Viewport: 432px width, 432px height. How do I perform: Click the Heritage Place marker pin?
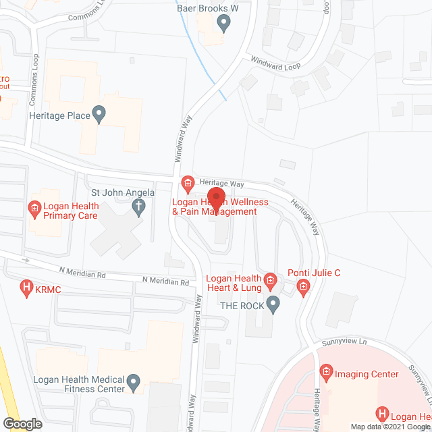[99, 115]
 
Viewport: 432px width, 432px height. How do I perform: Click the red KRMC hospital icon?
[26, 289]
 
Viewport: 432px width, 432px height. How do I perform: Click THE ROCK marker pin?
[273, 304]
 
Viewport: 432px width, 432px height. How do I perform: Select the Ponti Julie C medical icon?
[303, 289]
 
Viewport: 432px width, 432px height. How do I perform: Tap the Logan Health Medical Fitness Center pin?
[134, 383]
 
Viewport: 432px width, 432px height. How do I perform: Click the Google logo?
[22, 424]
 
